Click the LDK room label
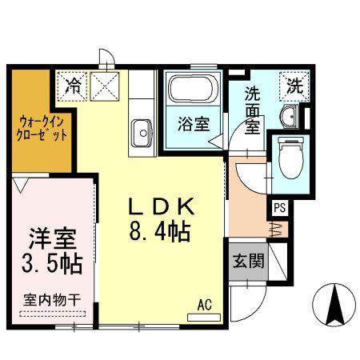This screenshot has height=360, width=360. click(x=162, y=207)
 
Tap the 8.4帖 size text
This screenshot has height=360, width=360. click(x=162, y=232)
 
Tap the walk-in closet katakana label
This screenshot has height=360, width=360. click(x=40, y=129)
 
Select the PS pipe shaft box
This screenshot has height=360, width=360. click(x=279, y=207)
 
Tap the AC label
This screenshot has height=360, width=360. click(x=205, y=304)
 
